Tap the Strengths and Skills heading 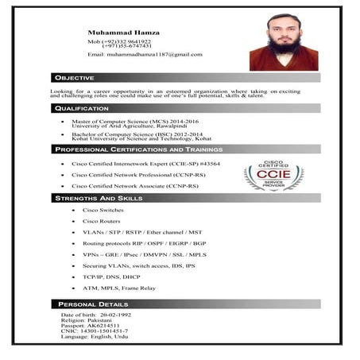pyautogui.click(x=99, y=197)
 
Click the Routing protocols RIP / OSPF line pyautogui.click(x=144, y=242)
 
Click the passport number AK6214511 pyautogui.click(x=103, y=326)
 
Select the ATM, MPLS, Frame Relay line pyautogui.click(x=119, y=287)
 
